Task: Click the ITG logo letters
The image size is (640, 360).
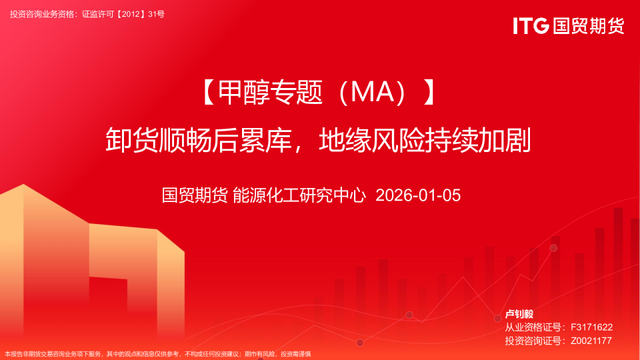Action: click(x=531, y=25)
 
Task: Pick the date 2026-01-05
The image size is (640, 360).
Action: click(x=418, y=195)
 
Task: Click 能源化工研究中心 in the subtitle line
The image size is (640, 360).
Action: click(x=299, y=195)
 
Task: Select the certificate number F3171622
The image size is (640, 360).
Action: click(x=591, y=327)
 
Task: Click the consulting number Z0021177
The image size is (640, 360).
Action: click(x=591, y=341)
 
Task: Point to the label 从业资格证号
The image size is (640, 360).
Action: click(x=532, y=327)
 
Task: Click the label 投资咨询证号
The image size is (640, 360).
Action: click(x=532, y=341)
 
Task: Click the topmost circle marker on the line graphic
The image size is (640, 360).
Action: click(x=553, y=248)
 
